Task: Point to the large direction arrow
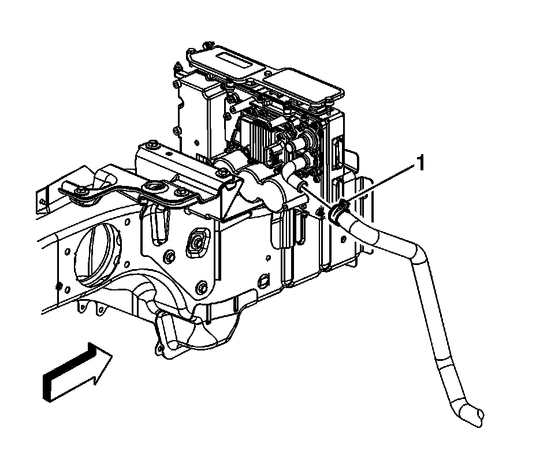pyautogui.click(x=77, y=372)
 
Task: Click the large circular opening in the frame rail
pyautogui.click(x=98, y=254)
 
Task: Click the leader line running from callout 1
pyautogui.click(x=379, y=185)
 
